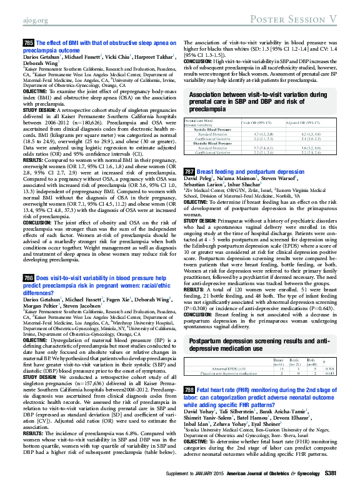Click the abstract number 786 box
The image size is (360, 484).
28,294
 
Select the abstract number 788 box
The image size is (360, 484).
189,355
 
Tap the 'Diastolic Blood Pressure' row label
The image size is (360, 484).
216,144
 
